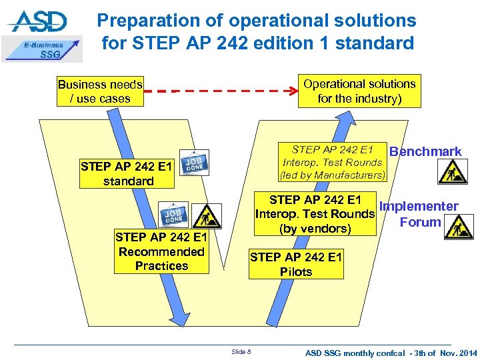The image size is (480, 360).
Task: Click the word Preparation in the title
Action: pyautogui.click(x=149, y=21)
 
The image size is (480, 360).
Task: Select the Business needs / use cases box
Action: pyautogui.click(x=100, y=91)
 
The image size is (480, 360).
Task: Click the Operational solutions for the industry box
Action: pyautogui.click(x=359, y=91)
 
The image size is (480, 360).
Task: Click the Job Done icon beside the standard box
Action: pyautogui.click(x=195, y=163)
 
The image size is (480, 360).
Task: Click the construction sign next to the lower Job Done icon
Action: pyautogui.click(x=209, y=215)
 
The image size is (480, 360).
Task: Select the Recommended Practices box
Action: pyautogui.click(x=161, y=251)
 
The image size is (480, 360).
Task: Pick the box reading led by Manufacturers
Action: pyautogui.click(x=333, y=162)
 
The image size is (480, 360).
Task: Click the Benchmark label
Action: pyautogui.click(x=425, y=151)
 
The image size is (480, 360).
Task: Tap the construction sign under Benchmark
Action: pyautogui.click(x=452, y=171)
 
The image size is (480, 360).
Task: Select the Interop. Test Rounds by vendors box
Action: pyautogui.click(x=315, y=214)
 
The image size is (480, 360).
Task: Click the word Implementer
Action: pyautogui.click(x=419, y=207)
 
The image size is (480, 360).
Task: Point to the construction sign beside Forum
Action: pyautogui.click(x=459, y=229)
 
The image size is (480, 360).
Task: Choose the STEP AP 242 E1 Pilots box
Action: pyautogui.click(x=296, y=265)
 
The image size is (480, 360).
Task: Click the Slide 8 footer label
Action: pyautogui.click(x=241, y=351)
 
